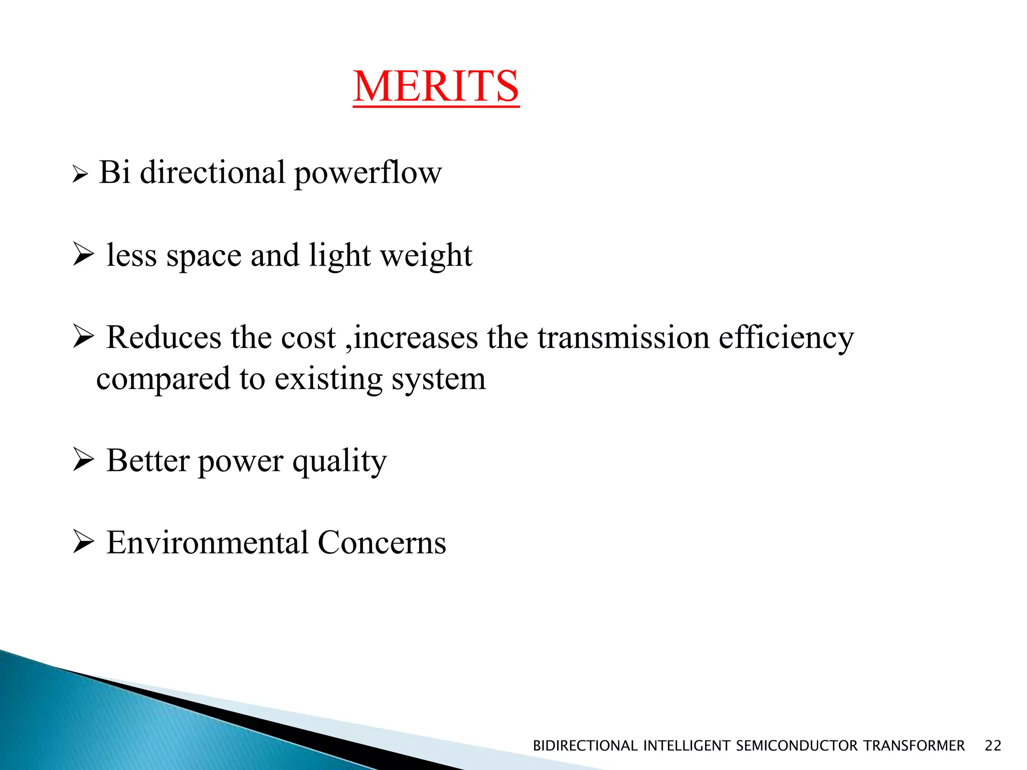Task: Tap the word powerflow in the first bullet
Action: (368, 173)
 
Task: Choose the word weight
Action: (426, 256)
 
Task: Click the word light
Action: (339, 255)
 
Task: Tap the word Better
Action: (148, 460)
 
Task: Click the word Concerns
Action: (382, 542)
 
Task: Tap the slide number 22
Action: (993, 746)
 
